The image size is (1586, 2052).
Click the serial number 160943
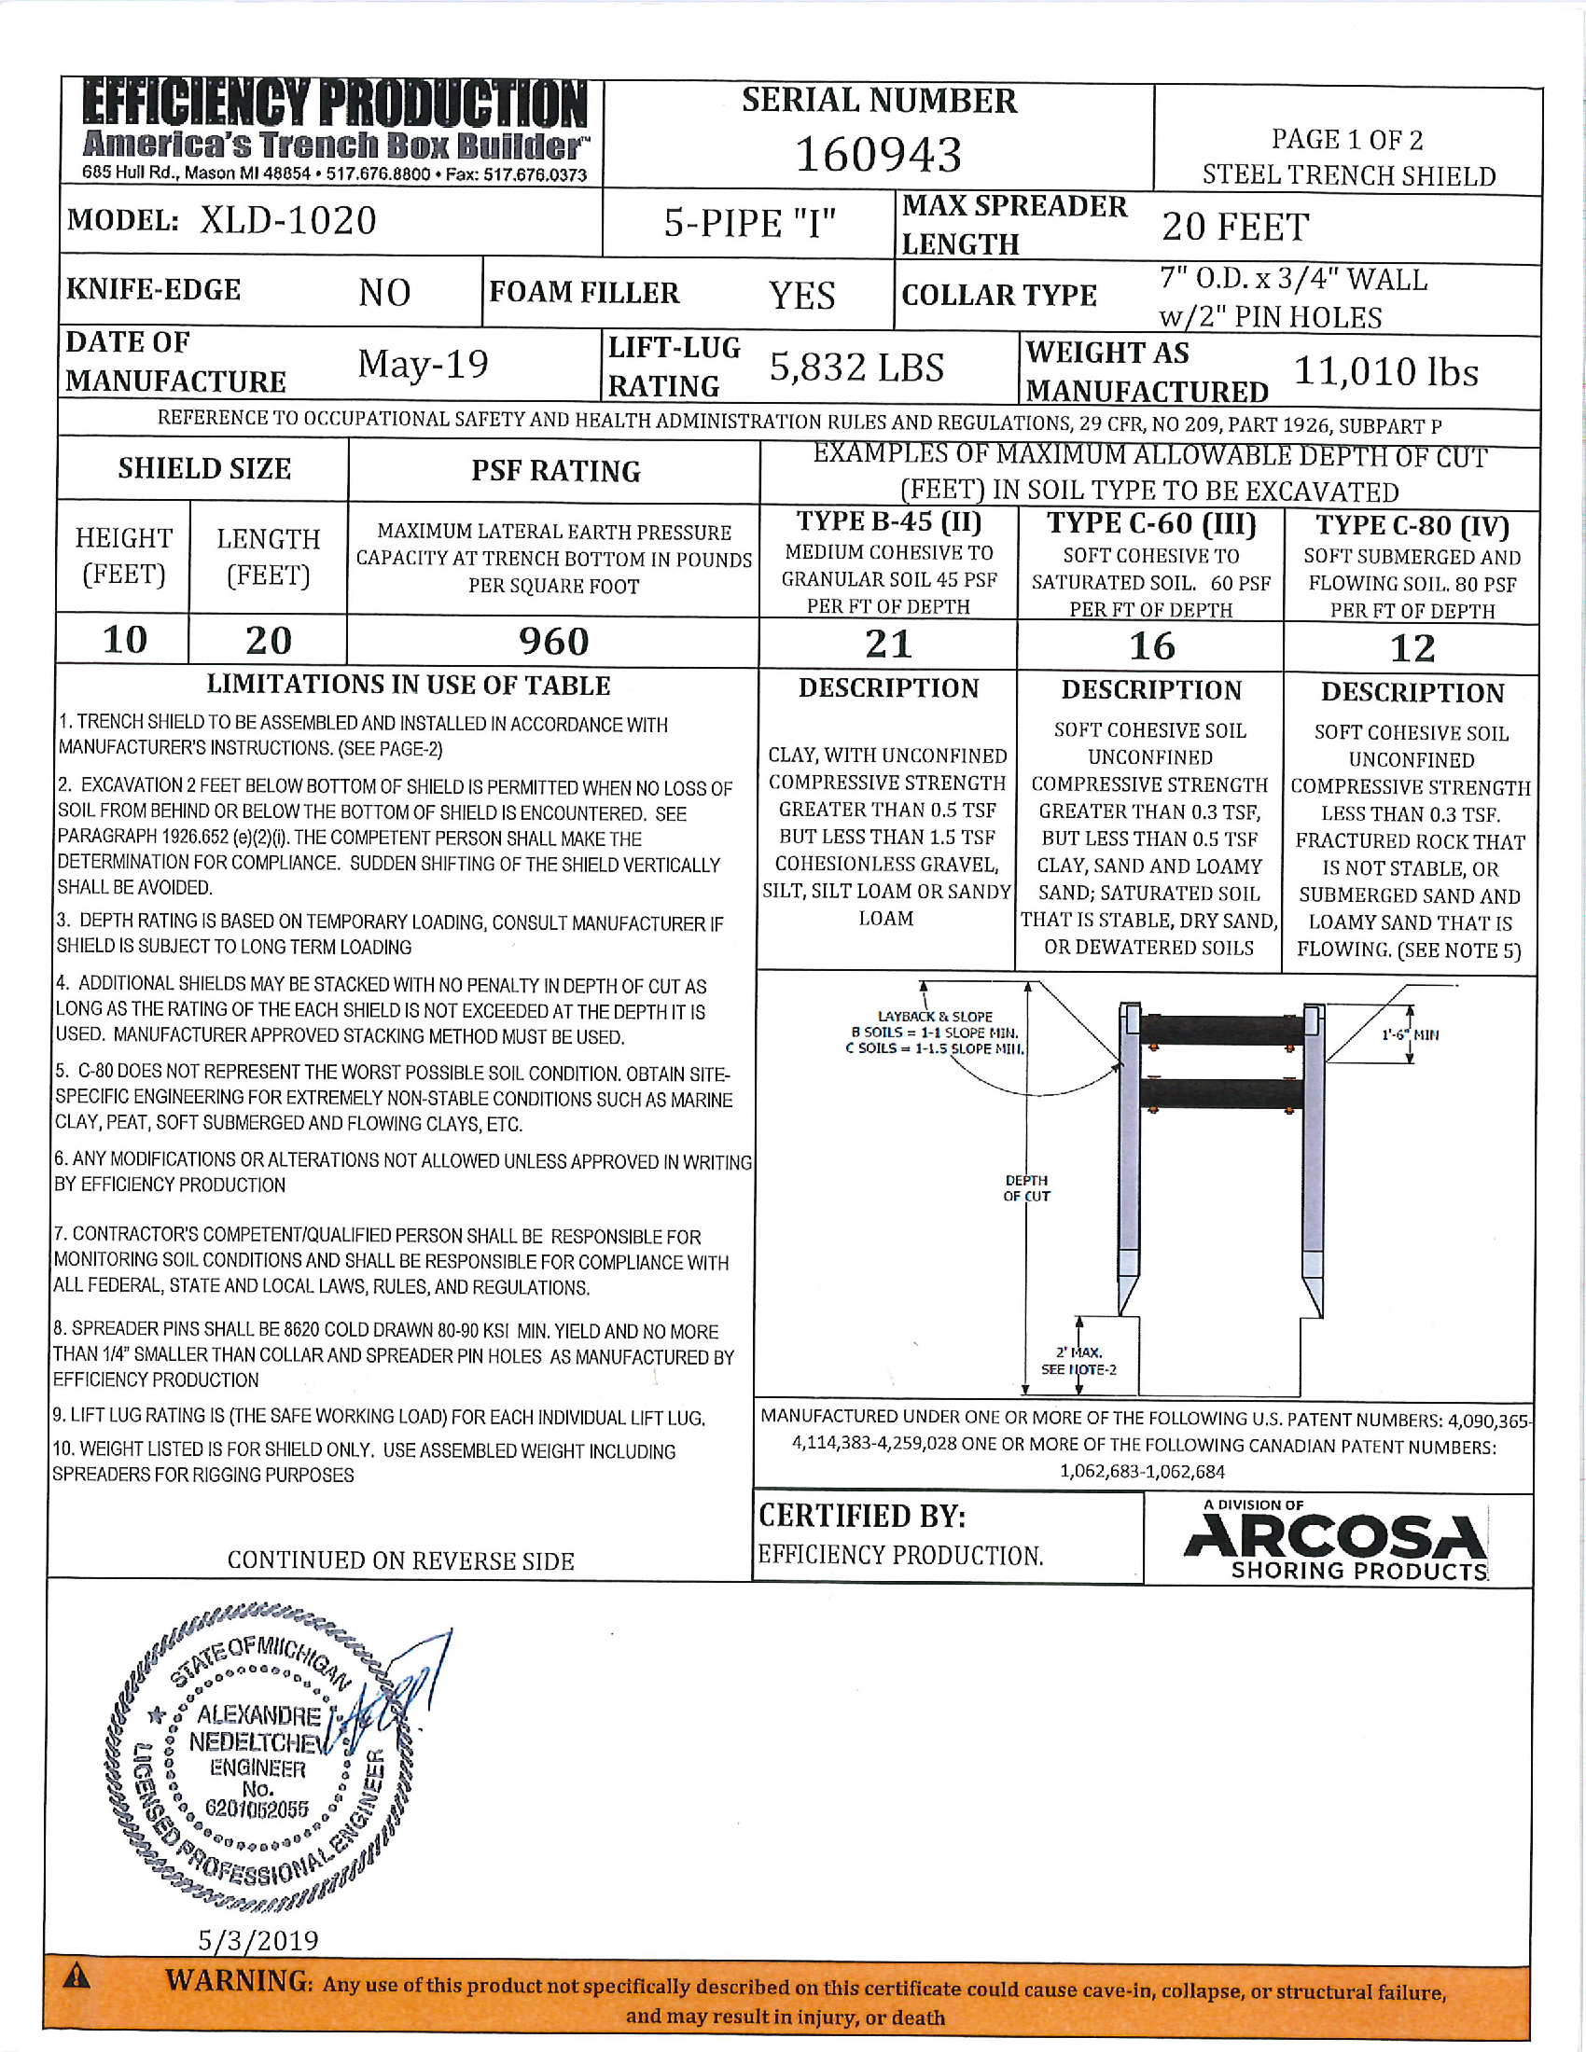[879, 155]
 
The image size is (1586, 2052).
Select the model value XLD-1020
[287, 221]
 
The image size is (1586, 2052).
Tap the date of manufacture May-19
[423, 365]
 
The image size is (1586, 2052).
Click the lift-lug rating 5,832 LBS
[856, 367]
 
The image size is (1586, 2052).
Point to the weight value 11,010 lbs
[1384, 372]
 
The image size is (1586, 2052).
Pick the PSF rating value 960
[553, 642]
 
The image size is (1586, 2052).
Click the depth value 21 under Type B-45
[888, 645]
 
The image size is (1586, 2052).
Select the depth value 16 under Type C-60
[1151, 646]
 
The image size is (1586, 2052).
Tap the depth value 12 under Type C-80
[1412, 648]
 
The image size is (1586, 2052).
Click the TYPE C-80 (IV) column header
[1412, 526]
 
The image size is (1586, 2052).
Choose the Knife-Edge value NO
[384, 293]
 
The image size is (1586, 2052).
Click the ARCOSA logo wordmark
[1335, 1538]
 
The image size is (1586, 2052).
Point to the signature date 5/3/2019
[258, 1939]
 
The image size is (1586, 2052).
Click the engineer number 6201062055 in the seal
[257, 1809]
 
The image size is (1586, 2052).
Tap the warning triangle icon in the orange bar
[77, 1977]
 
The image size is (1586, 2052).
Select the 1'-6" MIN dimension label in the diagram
[1410, 1034]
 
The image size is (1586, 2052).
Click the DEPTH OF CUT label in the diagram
[1026, 1187]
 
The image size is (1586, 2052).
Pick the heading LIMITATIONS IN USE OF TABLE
[409, 685]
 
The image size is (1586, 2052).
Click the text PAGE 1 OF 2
[1346, 140]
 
